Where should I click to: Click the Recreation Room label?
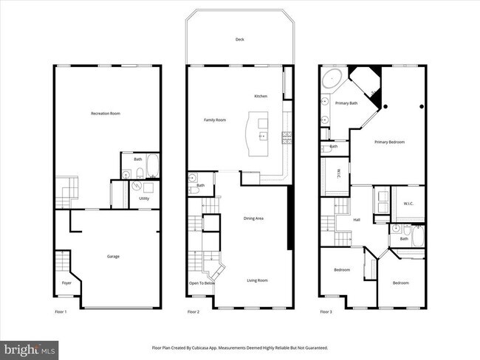click(x=106, y=113)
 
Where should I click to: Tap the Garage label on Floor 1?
click(x=113, y=256)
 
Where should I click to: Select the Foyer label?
click(x=66, y=283)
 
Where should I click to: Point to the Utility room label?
click(x=144, y=198)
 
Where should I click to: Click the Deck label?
click(x=239, y=40)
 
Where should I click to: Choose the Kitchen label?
click(x=260, y=97)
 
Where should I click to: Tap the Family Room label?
click(x=215, y=120)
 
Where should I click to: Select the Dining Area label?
click(x=254, y=218)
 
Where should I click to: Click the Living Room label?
click(x=257, y=280)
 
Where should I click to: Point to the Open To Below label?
click(x=202, y=283)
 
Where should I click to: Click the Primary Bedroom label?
click(x=389, y=142)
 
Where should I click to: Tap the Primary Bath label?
click(x=346, y=103)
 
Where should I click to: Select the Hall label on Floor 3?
click(x=357, y=219)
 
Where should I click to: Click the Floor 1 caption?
click(x=61, y=312)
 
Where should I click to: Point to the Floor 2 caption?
click(x=193, y=312)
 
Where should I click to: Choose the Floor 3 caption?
click(x=326, y=312)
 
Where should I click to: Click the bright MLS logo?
click(x=30, y=348)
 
